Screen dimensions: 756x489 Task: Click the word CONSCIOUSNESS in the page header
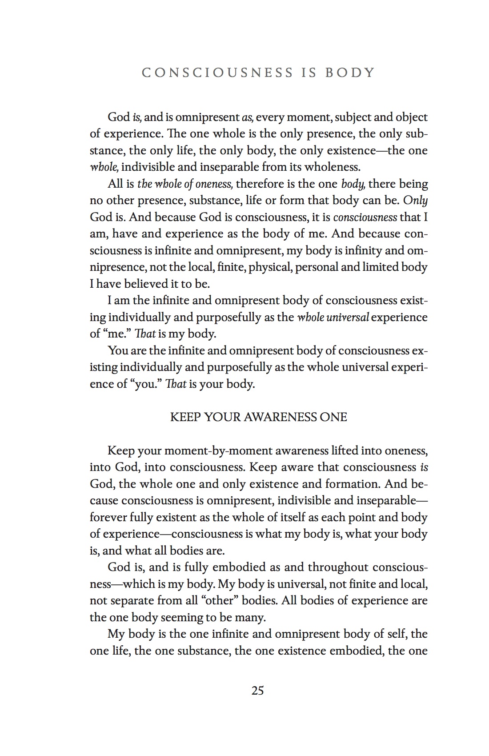217,73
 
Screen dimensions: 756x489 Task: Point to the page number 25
258,691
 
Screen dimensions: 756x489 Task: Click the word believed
146,283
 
